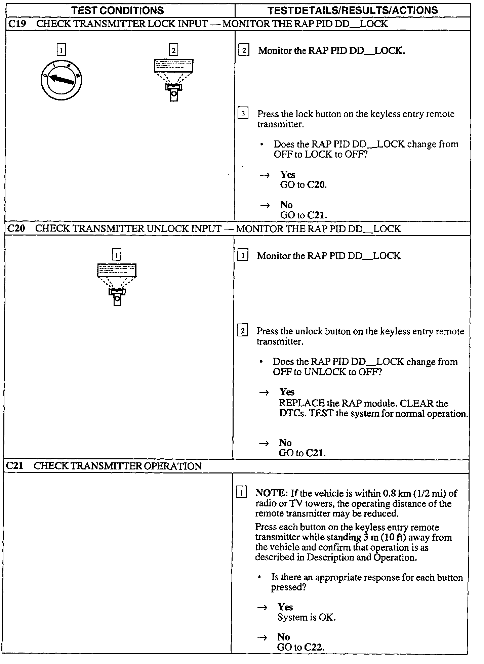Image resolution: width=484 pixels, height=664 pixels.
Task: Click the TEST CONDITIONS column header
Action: [x=118, y=10]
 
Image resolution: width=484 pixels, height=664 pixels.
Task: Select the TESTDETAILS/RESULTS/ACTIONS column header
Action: [x=353, y=10]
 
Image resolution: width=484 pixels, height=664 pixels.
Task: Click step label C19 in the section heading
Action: [x=17, y=24]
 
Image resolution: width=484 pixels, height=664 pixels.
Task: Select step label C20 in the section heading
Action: [x=16, y=229]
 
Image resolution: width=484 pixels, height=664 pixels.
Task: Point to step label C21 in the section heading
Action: [x=15, y=466]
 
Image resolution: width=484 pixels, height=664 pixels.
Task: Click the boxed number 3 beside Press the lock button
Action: [x=243, y=114]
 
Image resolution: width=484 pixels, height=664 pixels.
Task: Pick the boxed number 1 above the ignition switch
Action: [x=61, y=50]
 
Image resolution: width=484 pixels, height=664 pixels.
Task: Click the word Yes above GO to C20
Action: [x=287, y=174]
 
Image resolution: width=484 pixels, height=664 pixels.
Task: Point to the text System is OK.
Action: [x=307, y=617]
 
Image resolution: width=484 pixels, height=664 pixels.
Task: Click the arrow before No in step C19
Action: [x=265, y=206]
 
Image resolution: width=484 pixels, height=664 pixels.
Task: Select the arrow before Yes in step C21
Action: [x=263, y=608]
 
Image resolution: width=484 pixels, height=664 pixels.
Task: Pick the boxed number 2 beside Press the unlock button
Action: [x=242, y=331]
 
